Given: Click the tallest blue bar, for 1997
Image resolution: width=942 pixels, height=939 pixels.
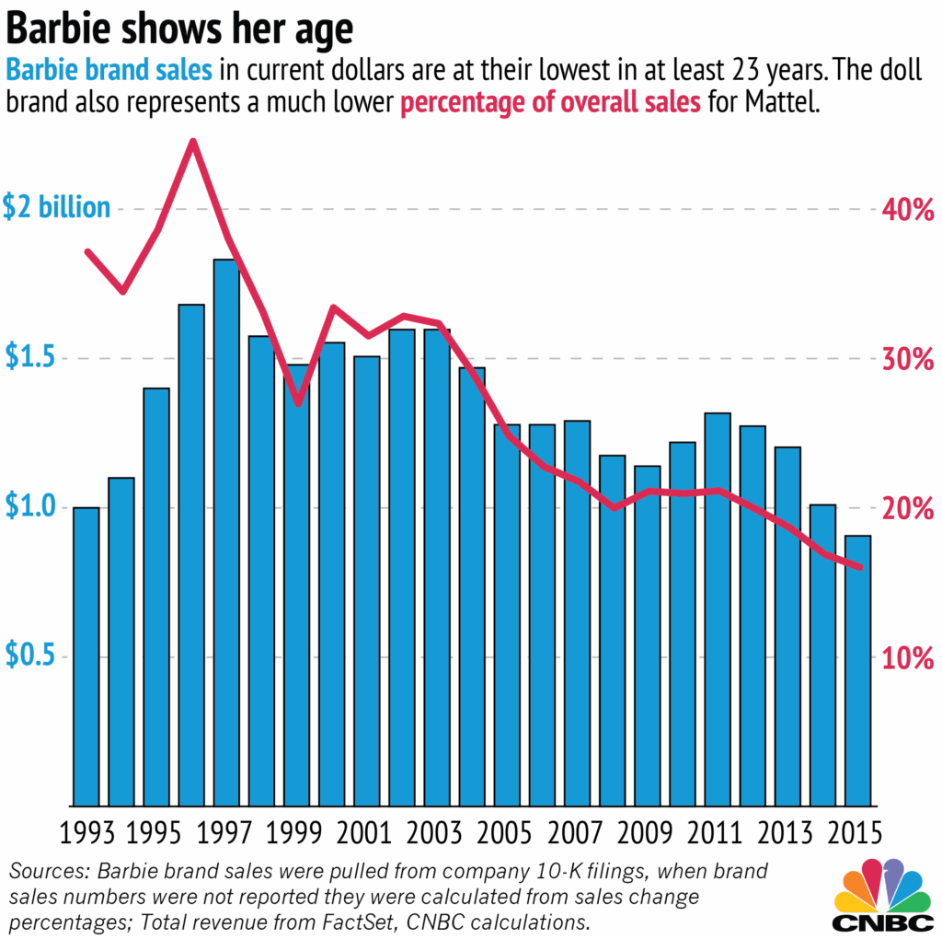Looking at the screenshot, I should [226, 534].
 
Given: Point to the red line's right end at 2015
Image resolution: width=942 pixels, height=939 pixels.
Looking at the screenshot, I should [859, 567].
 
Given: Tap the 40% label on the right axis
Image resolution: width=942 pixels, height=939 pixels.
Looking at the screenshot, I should [909, 210].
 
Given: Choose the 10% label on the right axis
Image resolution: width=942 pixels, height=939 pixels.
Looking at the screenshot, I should [909, 657].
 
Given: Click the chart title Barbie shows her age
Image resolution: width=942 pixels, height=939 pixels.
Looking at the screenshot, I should [179, 29].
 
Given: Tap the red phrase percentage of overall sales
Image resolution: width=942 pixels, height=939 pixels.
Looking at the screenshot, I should [550, 102].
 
